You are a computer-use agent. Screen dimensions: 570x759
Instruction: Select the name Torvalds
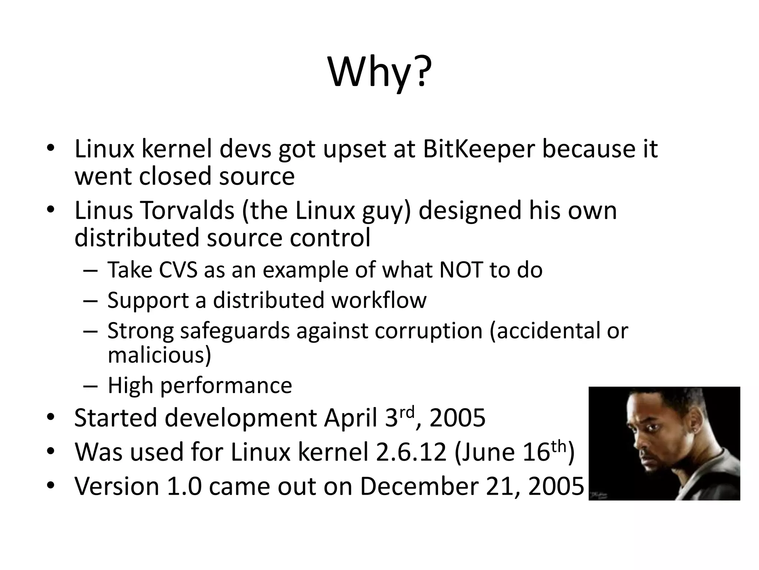(x=187, y=210)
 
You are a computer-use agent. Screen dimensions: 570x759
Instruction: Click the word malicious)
(x=159, y=355)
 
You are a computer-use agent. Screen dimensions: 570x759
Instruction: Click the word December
(x=419, y=487)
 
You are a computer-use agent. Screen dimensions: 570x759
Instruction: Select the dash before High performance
(x=90, y=386)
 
